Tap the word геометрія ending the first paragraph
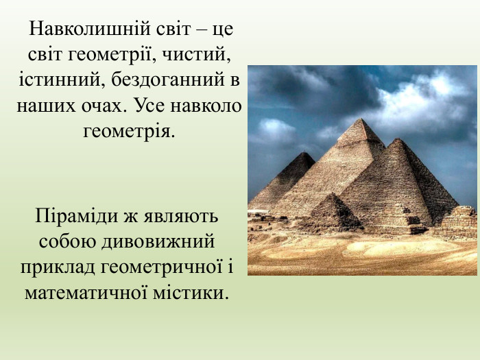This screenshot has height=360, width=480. [x=129, y=129]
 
